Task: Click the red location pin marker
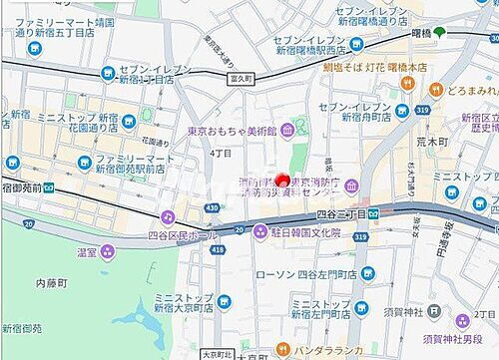282,180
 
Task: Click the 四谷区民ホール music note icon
168,216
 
